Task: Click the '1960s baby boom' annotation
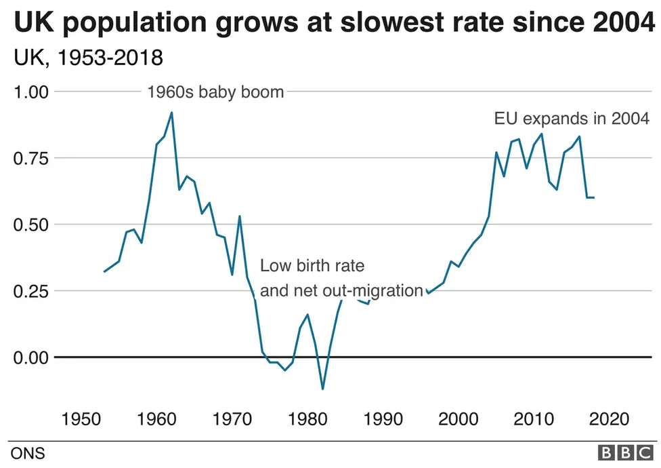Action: click(215, 92)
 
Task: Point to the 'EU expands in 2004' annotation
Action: click(572, 119)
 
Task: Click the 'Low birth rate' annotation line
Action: click(312, 265)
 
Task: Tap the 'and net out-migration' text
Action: click(341, 291)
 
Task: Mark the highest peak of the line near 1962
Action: click(171, 113)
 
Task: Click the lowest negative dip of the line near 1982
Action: click(322, 389)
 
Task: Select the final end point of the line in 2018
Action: click(594, 197)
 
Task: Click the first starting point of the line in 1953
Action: click(104, 272)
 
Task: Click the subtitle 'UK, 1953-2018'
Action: click(88, 58)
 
